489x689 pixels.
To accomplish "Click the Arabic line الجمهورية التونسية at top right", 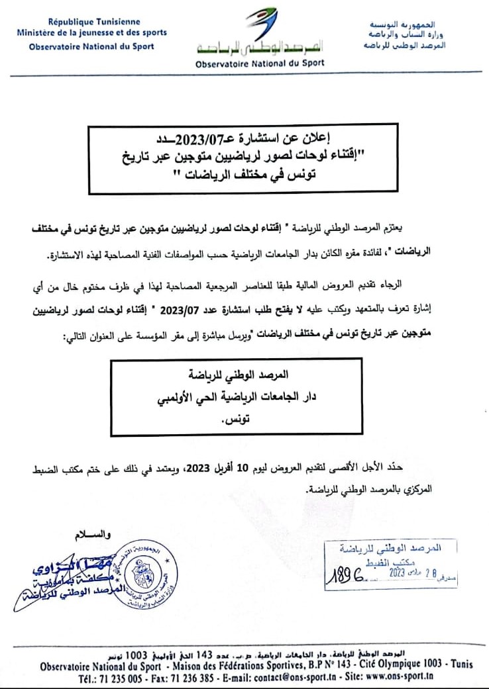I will [404, 22].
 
